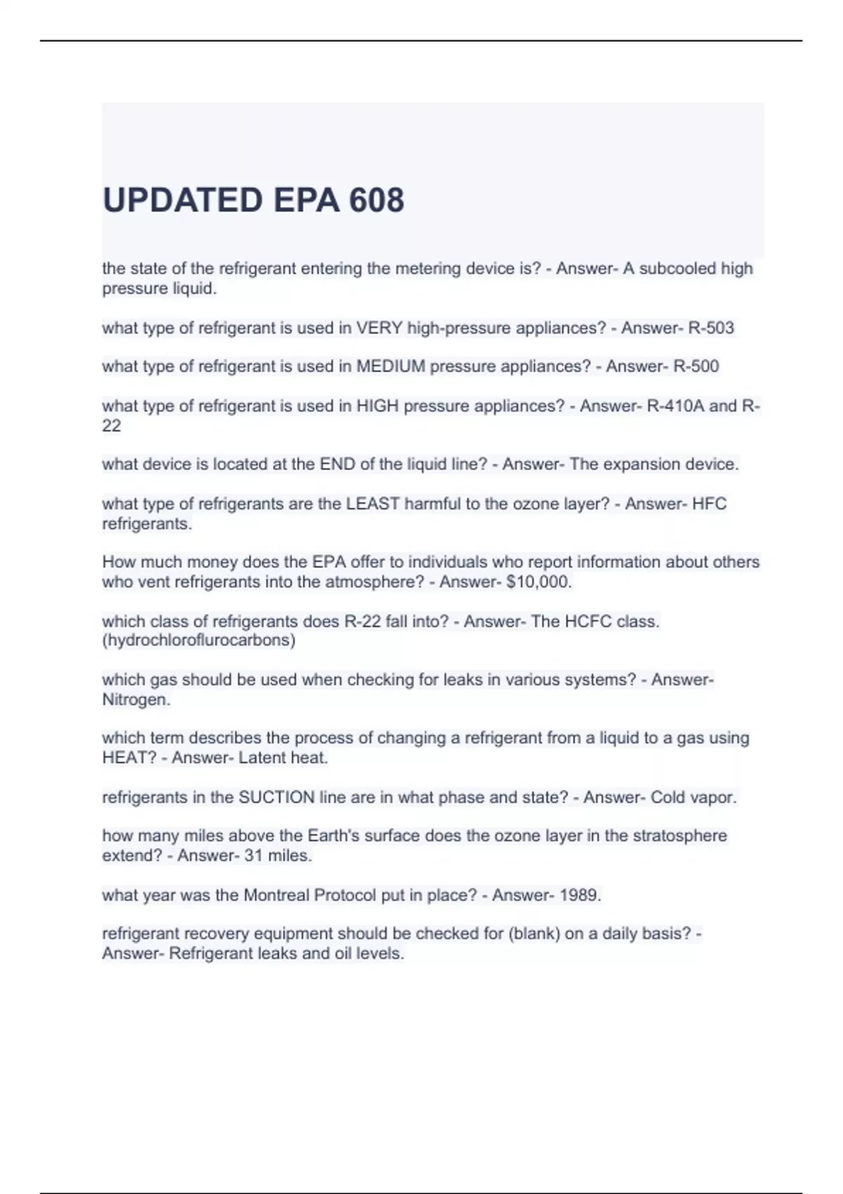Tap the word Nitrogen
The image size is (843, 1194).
click(x=136, y=700)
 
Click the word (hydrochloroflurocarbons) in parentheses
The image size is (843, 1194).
click(x=199, y=641)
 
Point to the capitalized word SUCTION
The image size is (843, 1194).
click(x=276, y=798)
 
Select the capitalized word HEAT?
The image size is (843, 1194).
click(x=129, y=758)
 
